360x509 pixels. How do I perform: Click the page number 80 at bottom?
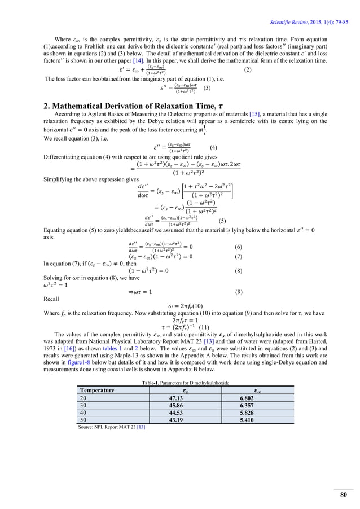343,495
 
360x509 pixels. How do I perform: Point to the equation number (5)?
222,221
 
